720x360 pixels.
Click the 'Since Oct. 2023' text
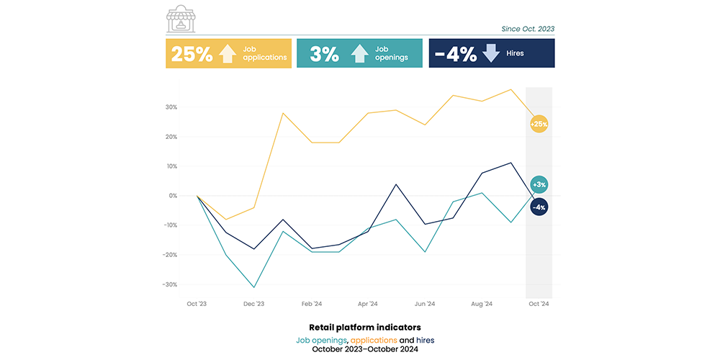point(528,30)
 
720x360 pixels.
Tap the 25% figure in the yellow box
point(192,54)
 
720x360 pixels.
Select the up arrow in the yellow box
point(228,54)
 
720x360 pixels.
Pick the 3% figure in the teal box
point(325,54)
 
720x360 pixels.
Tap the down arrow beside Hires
point(492,54)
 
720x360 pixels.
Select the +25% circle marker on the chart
point(539,124)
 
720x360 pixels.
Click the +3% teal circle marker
point(539,184)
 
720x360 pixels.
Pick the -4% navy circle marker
point(539,207)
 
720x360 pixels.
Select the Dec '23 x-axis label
point(253,305)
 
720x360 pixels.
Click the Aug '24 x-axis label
point(481,305)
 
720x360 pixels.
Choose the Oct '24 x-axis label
point(539,305)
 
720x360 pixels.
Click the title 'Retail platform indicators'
point(365,327)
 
